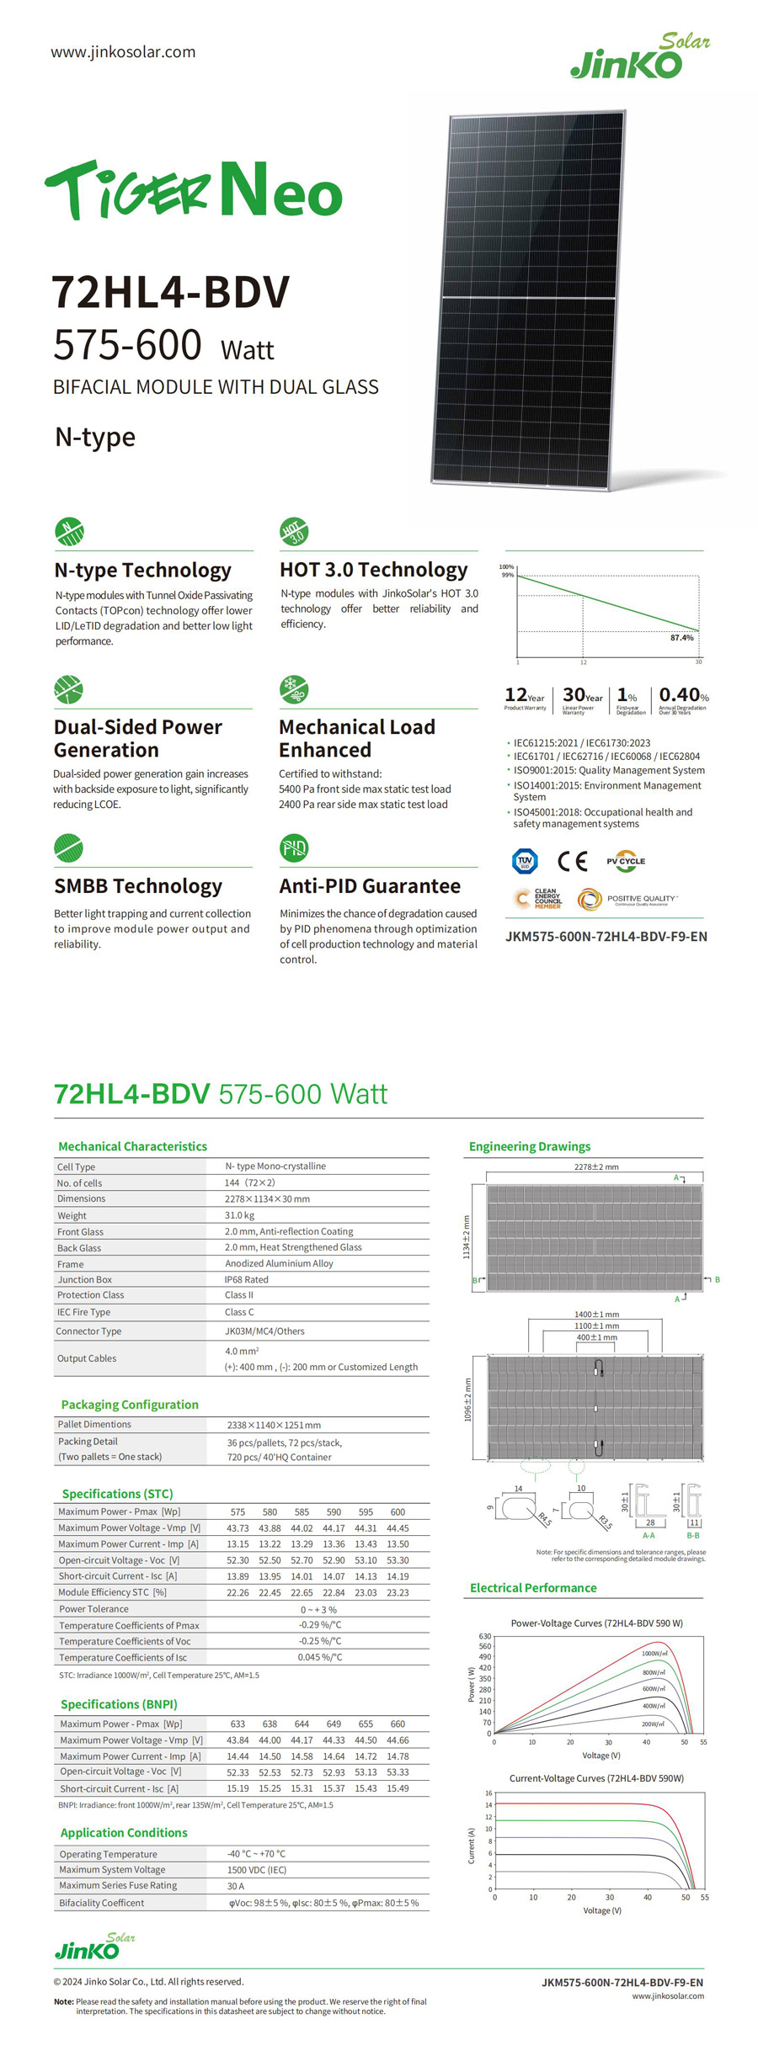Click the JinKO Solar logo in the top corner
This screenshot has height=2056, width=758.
tap(639, 56)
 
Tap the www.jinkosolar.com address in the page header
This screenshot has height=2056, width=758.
tap(123, 52)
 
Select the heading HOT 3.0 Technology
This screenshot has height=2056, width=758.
tap(373, 570)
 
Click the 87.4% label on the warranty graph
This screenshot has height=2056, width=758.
tap(681, 638)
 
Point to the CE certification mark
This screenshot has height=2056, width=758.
tap(572, 861)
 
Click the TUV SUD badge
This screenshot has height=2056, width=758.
tap(525, 861)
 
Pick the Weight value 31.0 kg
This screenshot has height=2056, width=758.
tap(239, 1215)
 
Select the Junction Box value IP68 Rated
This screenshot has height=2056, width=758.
tap(246, 1279)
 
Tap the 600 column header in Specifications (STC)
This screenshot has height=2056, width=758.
tap(398, 1511)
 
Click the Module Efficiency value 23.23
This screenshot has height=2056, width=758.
tap(398, 1592)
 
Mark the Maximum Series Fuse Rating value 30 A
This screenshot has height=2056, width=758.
tap(235, 1886)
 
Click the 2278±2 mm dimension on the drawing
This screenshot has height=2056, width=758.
tap(595, 1167)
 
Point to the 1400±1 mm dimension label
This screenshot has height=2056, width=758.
tap(596, 1315)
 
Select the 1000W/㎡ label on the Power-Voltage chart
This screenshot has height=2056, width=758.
tap(654, 1654)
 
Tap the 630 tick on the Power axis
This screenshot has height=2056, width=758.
tap(484, 1637)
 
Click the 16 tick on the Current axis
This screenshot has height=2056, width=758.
tap(488, 1793)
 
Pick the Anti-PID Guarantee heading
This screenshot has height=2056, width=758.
tap(370, 886)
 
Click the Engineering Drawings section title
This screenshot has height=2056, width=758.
tap(529, 1146)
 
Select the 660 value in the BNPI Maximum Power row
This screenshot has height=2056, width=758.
tap(398, 1724)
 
